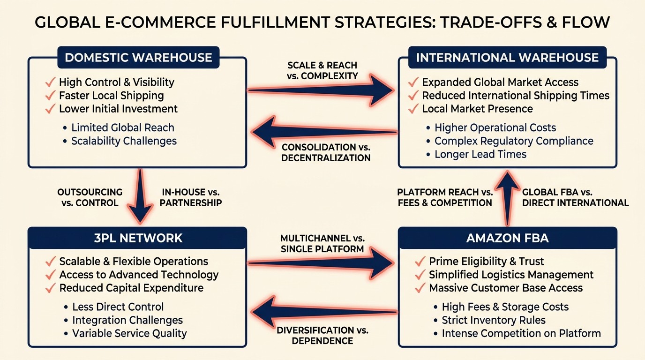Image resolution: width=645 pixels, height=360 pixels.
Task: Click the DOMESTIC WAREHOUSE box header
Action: tap(138, 58)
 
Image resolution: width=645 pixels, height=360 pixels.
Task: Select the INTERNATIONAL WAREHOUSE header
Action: tap(507, 58)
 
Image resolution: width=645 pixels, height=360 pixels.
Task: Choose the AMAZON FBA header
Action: tap(507, 238)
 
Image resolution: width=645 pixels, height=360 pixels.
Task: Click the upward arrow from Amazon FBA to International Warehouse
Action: tap(507, 197)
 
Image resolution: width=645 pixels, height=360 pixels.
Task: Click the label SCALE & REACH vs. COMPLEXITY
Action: tap(322, 70)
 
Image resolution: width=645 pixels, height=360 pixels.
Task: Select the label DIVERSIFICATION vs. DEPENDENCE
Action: tap(322, 336)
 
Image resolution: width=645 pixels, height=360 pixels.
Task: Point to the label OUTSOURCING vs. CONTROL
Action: tap(90, 197)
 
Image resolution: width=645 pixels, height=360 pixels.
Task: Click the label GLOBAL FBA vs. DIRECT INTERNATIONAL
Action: tap(575, 197)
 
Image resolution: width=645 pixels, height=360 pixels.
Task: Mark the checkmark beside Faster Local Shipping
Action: tap(50, 96)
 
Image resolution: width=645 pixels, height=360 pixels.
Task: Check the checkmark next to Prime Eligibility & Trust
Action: tap(420, 262)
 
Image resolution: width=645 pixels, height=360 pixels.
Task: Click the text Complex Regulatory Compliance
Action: tap(514, 141)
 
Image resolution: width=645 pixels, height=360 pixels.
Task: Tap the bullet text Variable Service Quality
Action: tap(129, 334)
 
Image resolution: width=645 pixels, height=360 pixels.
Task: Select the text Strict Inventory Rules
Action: tap(494, 321)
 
